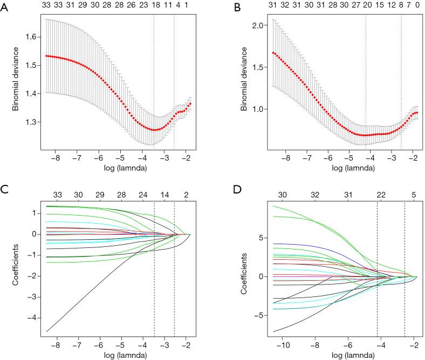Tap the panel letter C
[4, 190]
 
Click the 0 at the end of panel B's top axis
[416, 5]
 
